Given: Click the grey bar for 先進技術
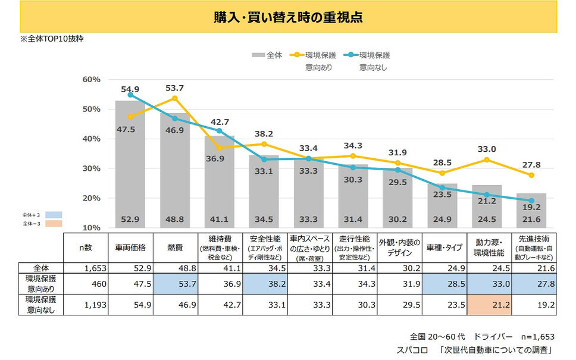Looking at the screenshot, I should pyautogui.click(x=531, y=211).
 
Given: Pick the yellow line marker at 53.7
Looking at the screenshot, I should pyautogui.click(x=175, y=98).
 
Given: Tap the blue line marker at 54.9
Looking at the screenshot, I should pyautogui.click(x=130, y=95).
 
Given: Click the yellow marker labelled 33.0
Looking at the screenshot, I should pyautogui.click(x=487, y=159).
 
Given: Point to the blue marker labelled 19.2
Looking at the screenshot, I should pyautogui.click(x=531, y=201).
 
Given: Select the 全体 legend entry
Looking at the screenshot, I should pyautogui.click(x=267, y=55).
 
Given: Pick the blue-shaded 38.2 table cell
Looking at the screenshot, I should pyautogui.click(x=264, y=284).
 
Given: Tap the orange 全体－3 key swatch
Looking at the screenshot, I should pyautogui.click(x=53, y=224).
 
